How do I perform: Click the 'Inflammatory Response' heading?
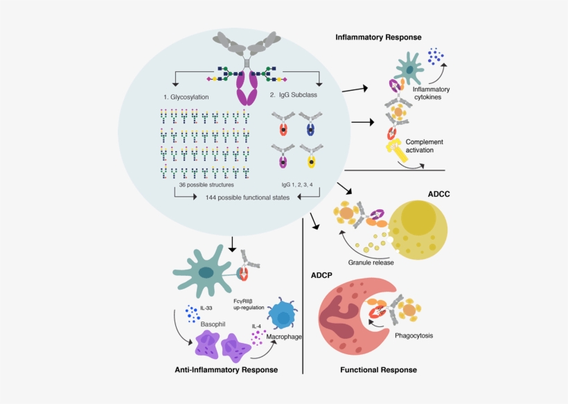(x=378, y=37)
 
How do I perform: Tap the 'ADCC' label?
(x=438, y=194)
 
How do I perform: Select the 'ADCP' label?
(x=321, y=275)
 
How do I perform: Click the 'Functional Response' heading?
(x=378, y=370)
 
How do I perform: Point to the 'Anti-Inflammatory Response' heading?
(x=227, y=370)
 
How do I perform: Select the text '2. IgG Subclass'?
(x=294, y=95)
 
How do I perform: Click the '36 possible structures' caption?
(x=205, y=185)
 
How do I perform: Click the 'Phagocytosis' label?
(x=414, y=335)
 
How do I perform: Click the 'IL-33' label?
(x=206, y=308)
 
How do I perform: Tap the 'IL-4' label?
(x=256, y=326)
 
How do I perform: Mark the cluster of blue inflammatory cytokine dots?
(x=436, y=55)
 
